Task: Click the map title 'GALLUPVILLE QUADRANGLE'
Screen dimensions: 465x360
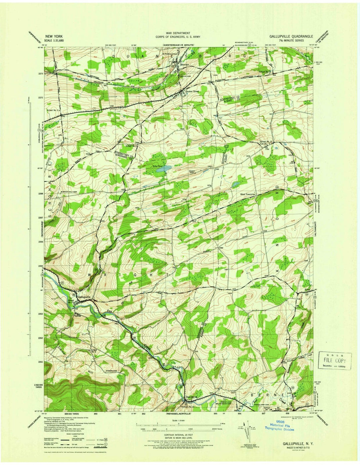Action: pos(292,37)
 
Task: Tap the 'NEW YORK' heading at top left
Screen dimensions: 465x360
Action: pos(53,37)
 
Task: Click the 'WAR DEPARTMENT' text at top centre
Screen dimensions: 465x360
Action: pos(180,33)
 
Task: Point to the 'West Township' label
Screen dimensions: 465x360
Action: pos(247,194)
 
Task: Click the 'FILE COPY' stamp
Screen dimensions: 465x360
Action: pos(335,361)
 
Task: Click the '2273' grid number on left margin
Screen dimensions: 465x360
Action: pos(40,73)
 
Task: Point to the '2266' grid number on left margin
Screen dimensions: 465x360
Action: pos(40,242)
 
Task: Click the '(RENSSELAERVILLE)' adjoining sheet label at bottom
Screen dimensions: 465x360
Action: pos(180,414)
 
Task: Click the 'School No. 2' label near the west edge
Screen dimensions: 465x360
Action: pos(53,110)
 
